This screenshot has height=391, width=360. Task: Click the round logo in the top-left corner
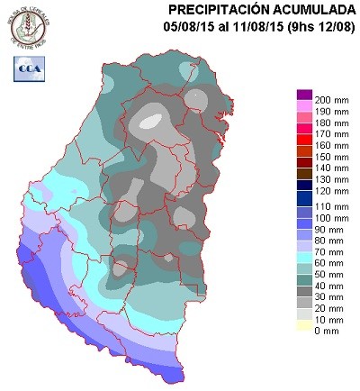click(x=26, y=26)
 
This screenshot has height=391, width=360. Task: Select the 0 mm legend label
click(x=327, y=332)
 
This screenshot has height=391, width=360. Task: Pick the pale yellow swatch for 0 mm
click(x=304, y=332)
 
